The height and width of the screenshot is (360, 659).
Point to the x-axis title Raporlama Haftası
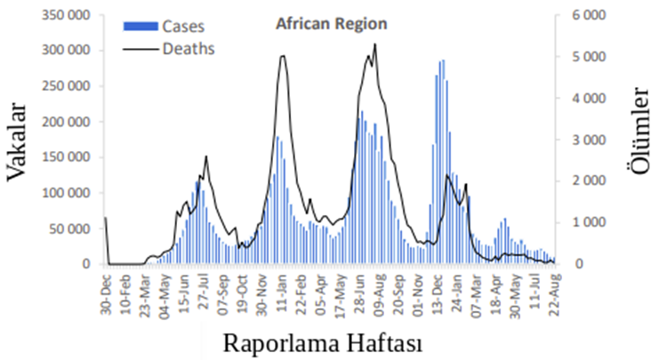click(x=321, y=343)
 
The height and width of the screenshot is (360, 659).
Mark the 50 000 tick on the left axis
click(x=68, y=228)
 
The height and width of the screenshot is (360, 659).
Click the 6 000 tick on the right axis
click(x=588, y=15)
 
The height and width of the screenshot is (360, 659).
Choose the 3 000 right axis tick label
click(x=588, y=140)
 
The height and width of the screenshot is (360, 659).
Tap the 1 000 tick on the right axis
click(x=588, y=222)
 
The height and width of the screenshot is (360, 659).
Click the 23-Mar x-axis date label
click(x=145, y=287)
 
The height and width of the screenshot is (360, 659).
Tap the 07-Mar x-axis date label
click(x=476, y=287)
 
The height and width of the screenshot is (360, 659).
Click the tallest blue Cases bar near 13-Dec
click(x=442, y=60)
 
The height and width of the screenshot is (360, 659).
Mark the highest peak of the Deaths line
click(x=375, y=44)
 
